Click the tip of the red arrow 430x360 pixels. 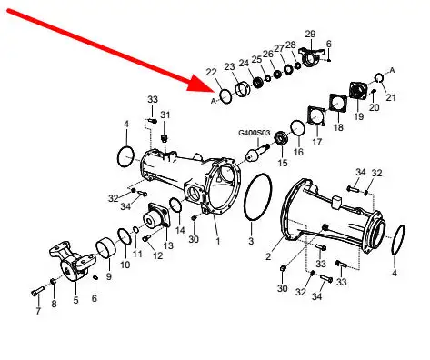215,90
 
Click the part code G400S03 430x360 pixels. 255,133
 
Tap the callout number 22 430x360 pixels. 212,72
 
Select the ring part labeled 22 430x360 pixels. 225,96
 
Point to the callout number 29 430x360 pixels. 310,34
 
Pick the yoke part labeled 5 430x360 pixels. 73,261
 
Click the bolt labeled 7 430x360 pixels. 37,291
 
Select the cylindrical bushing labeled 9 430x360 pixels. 106,249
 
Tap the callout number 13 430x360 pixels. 168,245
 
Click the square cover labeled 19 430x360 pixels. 358,90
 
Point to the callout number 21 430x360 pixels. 391,97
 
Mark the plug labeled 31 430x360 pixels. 165,138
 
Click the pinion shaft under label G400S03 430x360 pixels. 257,153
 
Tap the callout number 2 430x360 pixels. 268,257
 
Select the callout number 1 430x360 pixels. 217,241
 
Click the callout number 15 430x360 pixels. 283,163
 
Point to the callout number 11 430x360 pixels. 137,254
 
